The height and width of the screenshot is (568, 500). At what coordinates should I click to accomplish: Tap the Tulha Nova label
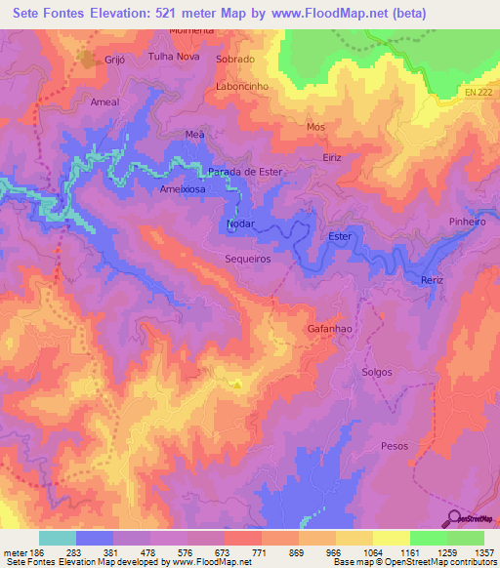[x=172, y=57]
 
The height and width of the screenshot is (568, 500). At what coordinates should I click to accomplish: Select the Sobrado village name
[x=235, y=59]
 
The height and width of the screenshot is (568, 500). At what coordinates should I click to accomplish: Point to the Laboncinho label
[x=241, y=86]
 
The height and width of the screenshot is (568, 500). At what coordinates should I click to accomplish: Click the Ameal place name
[x=104, y=101]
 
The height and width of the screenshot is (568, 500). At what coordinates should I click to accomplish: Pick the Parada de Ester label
[x=244, y=171]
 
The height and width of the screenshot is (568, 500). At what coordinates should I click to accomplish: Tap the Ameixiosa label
[x=183, y=191]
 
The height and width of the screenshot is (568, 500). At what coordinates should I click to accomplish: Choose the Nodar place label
[x=240, y=223]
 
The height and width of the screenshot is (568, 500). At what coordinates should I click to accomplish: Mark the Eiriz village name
[x=335, y=157]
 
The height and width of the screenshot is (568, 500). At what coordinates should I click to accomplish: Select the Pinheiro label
[x=467, y=222]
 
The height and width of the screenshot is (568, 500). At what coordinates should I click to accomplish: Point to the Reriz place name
[x=432, y=280]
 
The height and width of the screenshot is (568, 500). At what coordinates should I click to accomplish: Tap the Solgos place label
[x=376, y=373]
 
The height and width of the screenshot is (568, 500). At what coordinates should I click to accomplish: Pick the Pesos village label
[x=395, y=445]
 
